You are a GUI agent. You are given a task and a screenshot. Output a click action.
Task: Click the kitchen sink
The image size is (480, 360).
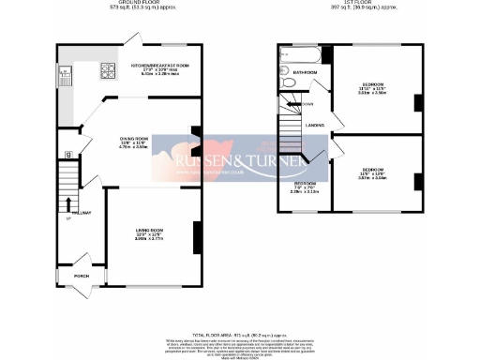pyautogui.click(x=64, y=72)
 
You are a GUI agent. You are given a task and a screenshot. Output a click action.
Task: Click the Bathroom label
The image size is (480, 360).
pyautogui.click(x=305, y=71)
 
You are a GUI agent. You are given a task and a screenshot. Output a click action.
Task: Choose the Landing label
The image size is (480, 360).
pyautogui.click(x=316, y=125)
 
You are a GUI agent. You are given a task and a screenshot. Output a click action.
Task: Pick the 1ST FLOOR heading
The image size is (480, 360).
pyautogui.click(x=349, y=4)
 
